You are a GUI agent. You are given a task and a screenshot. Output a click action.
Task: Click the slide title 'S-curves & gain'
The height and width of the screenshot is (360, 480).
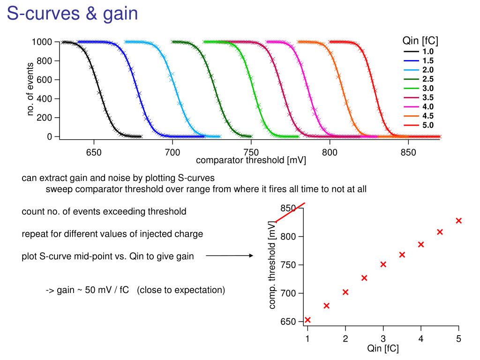[73, 14]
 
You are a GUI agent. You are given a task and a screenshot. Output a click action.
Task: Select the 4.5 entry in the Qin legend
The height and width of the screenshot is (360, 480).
[427, 116]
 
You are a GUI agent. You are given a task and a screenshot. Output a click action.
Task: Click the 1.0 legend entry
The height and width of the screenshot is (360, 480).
[427, 52]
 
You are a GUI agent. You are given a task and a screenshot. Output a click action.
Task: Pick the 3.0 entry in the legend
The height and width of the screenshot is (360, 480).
[427, 88]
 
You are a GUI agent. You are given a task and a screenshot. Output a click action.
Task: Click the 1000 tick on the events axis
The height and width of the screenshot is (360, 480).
[42, 43]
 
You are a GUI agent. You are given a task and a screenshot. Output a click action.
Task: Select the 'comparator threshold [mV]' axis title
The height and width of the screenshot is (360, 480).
[251, 161]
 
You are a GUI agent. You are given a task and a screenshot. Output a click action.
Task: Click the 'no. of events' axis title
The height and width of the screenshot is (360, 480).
[31, 89]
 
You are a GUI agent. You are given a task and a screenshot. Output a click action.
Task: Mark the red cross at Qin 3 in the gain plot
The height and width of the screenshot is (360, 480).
[383, 264]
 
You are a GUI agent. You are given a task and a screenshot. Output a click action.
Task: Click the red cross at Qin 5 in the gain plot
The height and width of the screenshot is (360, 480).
[458, 220]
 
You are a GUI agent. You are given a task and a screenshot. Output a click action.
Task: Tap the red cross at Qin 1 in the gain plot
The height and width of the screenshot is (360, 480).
[307, 320]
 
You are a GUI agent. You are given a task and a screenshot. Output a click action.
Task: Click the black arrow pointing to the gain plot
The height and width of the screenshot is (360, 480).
[229, 256]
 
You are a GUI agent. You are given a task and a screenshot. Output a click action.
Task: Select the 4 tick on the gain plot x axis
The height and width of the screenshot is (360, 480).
[421, 339]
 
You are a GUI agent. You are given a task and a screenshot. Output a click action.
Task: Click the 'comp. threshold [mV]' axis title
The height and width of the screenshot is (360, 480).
[272, 264]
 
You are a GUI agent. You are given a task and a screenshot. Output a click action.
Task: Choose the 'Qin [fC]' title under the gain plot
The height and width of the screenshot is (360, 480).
[383, 348]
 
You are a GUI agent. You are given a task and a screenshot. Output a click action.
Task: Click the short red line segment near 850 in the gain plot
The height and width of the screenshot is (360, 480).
[290, 212]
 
